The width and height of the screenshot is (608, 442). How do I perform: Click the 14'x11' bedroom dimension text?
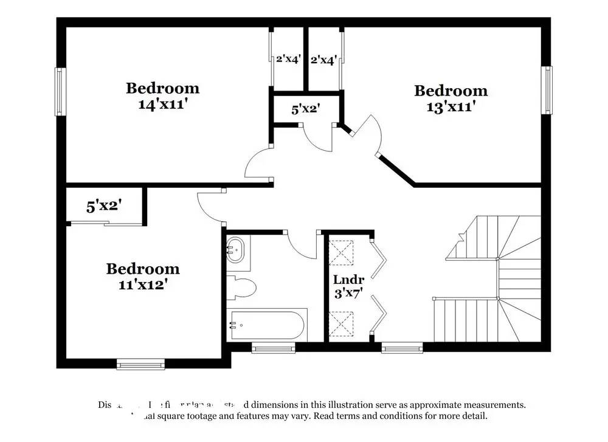click(x=162, y=104)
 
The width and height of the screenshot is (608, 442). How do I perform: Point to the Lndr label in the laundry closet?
click(x=348, y=280)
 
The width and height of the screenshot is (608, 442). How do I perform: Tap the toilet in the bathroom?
click(x=240, y=287)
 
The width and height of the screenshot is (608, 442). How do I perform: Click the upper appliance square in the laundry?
click(x=341, y=250)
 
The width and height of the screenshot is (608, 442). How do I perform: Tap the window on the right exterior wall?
click(x=548, y=89)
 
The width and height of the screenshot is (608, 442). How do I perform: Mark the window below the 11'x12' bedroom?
click(x=140, y=364)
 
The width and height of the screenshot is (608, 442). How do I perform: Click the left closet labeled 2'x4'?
click(x=288, y=60)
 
